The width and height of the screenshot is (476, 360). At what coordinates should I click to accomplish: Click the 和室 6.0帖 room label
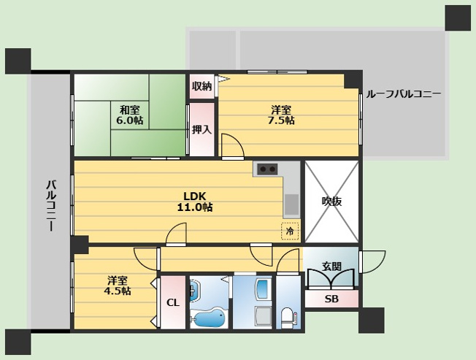130,115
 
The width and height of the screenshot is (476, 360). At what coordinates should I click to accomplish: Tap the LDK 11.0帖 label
195,202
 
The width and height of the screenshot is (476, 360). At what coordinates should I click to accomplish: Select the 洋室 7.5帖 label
281,115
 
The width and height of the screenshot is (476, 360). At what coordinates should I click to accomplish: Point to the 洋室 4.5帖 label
118,286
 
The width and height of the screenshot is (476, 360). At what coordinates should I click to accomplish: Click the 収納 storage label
201,86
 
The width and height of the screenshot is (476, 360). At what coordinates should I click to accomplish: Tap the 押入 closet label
201,129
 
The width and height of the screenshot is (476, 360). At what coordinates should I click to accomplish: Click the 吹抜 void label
331,202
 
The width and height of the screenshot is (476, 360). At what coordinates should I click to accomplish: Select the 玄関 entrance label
331,267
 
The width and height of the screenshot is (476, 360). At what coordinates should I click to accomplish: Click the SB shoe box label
331,299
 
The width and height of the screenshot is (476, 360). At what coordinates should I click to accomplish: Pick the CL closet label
173,302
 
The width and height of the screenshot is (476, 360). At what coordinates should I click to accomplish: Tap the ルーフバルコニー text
404,94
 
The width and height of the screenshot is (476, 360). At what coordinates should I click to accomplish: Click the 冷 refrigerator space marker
290,231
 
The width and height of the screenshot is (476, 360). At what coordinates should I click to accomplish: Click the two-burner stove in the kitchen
267,169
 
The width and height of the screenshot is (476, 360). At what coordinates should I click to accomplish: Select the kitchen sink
292,205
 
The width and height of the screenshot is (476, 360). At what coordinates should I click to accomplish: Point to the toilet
287,318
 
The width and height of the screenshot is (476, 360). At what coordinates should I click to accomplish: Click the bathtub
210,318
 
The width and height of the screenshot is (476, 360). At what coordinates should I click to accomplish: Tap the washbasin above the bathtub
194,291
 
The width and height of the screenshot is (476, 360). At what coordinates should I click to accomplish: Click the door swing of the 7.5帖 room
233,146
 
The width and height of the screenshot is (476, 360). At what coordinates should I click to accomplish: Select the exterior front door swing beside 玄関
373,261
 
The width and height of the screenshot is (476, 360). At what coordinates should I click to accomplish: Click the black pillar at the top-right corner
458,18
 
